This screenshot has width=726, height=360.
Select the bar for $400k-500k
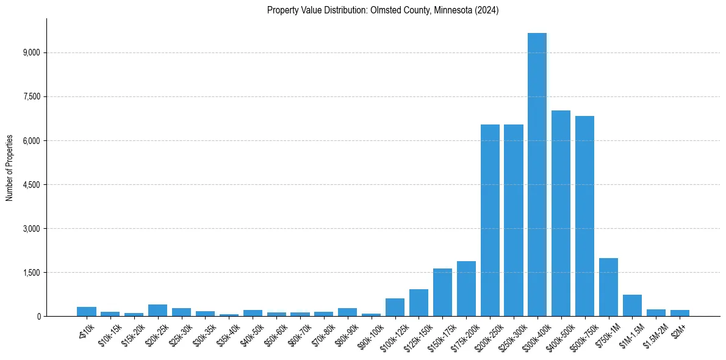coord(561,213)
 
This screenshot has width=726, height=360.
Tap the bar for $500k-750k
coord(584,216)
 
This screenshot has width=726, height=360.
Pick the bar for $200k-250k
coord(490,220)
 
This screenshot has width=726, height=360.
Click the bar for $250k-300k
coord(513,220)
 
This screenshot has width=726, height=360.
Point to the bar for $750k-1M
coord(608,287)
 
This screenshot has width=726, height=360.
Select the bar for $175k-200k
coord(466,289)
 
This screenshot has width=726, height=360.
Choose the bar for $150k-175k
coord(442,292)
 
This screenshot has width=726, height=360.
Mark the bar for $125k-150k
coord(419,303)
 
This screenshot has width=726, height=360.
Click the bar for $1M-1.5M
coord(632,305)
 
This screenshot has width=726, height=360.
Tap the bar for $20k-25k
coord(157,310)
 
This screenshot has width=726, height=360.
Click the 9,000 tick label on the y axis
coord(31,53)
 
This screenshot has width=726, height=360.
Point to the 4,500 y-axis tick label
coord(31,185)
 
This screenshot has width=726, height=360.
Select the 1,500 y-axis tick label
coord(31,273)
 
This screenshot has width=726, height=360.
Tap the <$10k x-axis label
coord(84,327)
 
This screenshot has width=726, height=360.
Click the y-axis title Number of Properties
coord(10,167)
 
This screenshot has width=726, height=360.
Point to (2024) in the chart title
coord(489,10)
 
